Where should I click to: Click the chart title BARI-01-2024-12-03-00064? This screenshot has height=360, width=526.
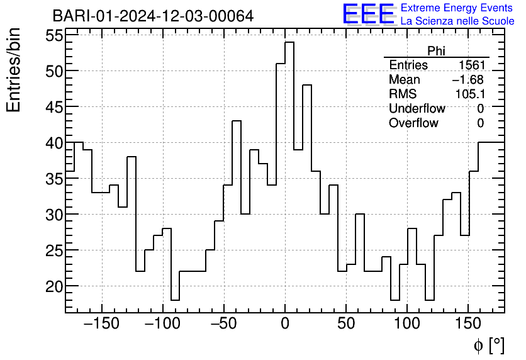153,16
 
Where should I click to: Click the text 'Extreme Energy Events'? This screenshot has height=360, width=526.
457,8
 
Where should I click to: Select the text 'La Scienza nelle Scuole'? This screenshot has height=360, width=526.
457,21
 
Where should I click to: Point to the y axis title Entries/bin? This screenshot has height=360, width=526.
14,70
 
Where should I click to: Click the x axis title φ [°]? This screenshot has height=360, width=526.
488,345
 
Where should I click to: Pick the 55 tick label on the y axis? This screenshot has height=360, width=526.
54,36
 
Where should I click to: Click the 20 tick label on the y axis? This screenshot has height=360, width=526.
54,286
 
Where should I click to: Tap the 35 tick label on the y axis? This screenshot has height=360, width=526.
54,179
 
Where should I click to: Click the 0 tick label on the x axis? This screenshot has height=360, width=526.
285,325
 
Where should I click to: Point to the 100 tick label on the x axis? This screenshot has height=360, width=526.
407,325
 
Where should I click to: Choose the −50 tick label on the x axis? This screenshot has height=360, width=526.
224,325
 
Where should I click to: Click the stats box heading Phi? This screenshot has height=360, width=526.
436,51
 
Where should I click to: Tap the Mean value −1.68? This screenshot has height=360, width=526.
467,80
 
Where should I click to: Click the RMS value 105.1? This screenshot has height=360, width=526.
469,94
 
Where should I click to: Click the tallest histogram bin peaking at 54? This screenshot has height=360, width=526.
289,94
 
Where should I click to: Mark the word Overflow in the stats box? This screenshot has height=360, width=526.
413,123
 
